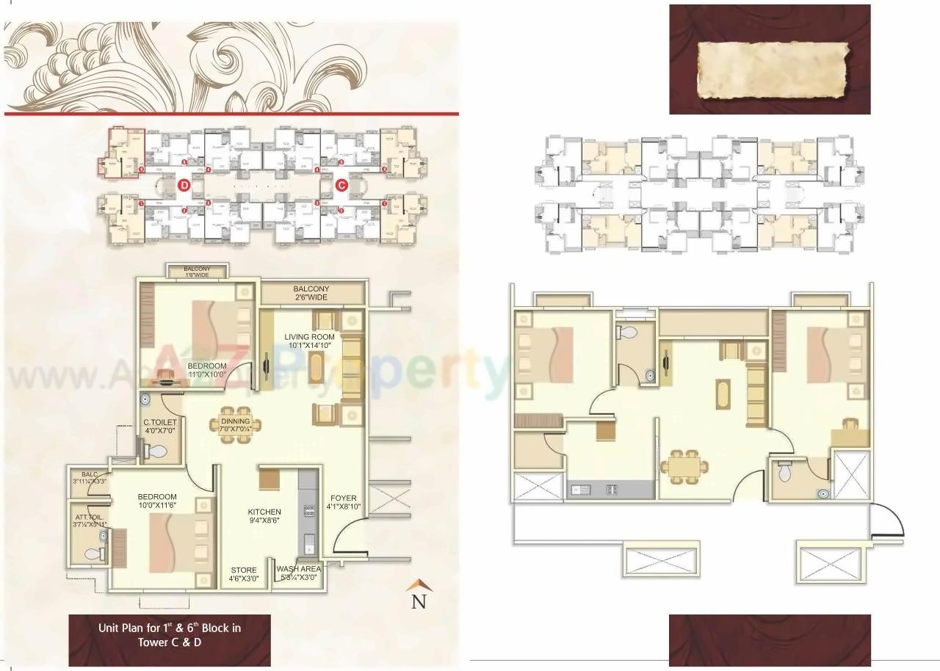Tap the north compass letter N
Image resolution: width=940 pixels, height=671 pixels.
point(419,601)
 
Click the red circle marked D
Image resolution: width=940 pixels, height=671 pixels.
point(184,186)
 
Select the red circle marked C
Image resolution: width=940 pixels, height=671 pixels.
point(341,186)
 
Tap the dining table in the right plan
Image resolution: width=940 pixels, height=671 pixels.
point(684,467)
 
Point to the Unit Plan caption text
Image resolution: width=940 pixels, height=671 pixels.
point(170,635)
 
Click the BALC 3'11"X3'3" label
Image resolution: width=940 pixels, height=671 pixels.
point(90,479)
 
